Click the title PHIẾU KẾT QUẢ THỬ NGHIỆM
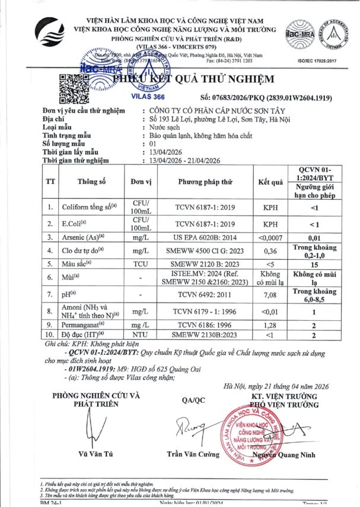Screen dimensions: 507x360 click(x=193, y=79)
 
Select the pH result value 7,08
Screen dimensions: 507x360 click(x=270, y=294)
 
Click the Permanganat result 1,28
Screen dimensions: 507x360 click(x=270, y=325)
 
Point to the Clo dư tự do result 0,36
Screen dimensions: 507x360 click(x=270, y=251)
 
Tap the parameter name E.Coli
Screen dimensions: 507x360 click(x=76, y=224)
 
